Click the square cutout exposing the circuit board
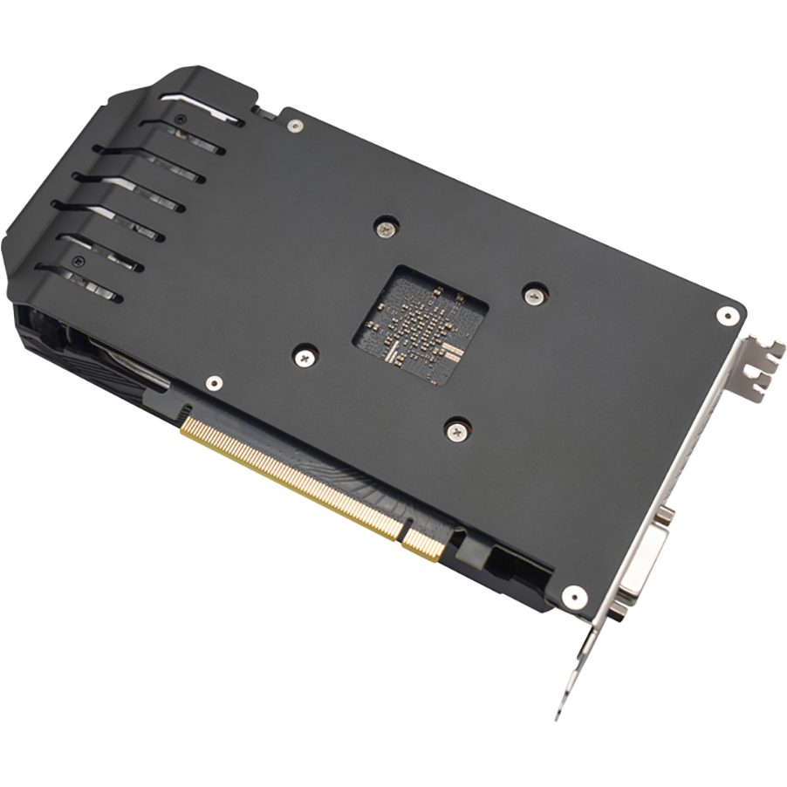pyautogui.click(x=420, y=323)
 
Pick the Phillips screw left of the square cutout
pyautogui.click(x=305, y=356)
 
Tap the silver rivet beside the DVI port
pyautogui.click(x=573, y=597)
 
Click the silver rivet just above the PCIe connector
pyautogui.click(x=213, y=382)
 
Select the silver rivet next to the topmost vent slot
pyautogui.click(x=297, y=127)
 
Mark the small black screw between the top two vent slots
pyautogui.click(x=180, y=119)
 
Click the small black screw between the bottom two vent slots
pyautogui.click(x=80, y=260)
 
